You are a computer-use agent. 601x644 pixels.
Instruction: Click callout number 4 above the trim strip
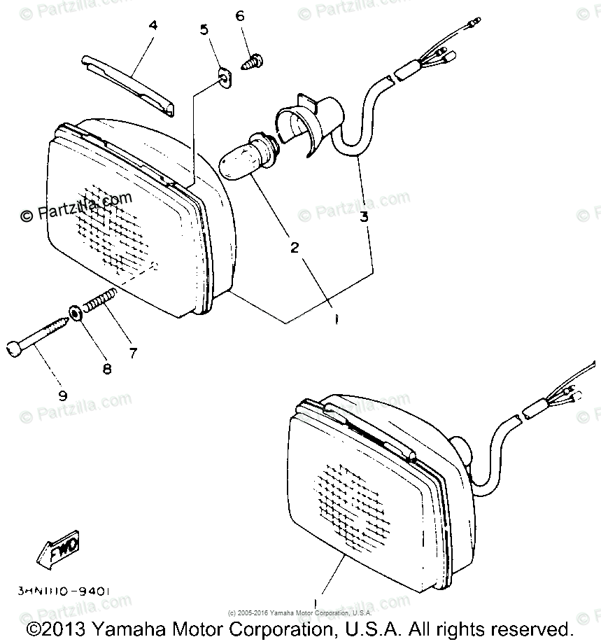(153, 26)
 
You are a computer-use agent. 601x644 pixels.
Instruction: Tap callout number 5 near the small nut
(204, 29)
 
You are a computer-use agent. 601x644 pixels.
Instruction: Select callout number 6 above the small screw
(239, 15)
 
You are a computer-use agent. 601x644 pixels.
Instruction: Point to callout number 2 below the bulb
(295, 247)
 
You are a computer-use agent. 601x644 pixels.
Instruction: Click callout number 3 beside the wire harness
(364, 216)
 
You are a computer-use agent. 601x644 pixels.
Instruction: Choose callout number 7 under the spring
(132, 353)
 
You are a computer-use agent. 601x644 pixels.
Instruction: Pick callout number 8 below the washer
(106, 369)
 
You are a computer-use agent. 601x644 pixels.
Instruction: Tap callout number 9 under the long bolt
(62, 395)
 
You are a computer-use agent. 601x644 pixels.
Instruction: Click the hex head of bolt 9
(15, 348)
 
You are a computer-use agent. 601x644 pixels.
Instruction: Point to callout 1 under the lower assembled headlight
(316, 601)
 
